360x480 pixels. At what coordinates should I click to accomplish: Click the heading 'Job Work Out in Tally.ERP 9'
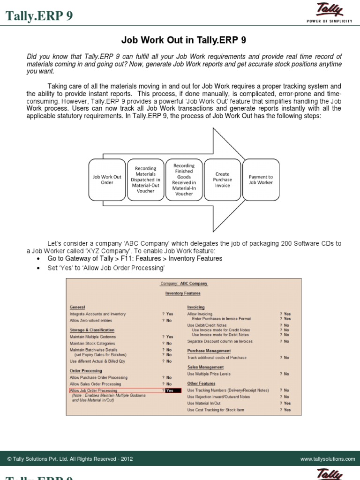pos(180,40)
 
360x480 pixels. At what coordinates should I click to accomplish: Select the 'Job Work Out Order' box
pos(107,180)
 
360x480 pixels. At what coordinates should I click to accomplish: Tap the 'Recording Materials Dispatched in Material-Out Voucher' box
pos(145,180)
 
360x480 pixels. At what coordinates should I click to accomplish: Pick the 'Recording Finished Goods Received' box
pos(184,180)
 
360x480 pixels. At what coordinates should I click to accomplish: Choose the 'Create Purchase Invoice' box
pos(222,180)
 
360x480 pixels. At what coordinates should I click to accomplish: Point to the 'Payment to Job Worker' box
pos(261,180)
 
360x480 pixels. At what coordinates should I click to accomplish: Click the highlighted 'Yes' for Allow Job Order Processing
pos(170,390)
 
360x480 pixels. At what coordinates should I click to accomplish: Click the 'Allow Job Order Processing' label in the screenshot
pos(93,390)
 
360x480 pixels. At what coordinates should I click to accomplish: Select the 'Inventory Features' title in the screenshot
pos(183,293)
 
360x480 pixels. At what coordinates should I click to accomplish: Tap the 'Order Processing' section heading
pos(86,371)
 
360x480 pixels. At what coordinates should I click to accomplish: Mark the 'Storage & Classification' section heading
pos(92,330)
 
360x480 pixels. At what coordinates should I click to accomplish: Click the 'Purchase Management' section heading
pos(209,351)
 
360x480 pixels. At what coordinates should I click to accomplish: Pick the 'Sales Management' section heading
pos(205,367)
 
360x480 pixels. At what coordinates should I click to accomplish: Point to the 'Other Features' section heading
pos(201,383)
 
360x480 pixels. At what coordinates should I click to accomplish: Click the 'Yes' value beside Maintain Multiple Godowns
pos(170,337)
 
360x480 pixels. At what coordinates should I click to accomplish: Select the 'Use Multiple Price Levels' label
pos(210,374)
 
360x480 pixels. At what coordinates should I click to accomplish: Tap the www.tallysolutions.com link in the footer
pos(328,459)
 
